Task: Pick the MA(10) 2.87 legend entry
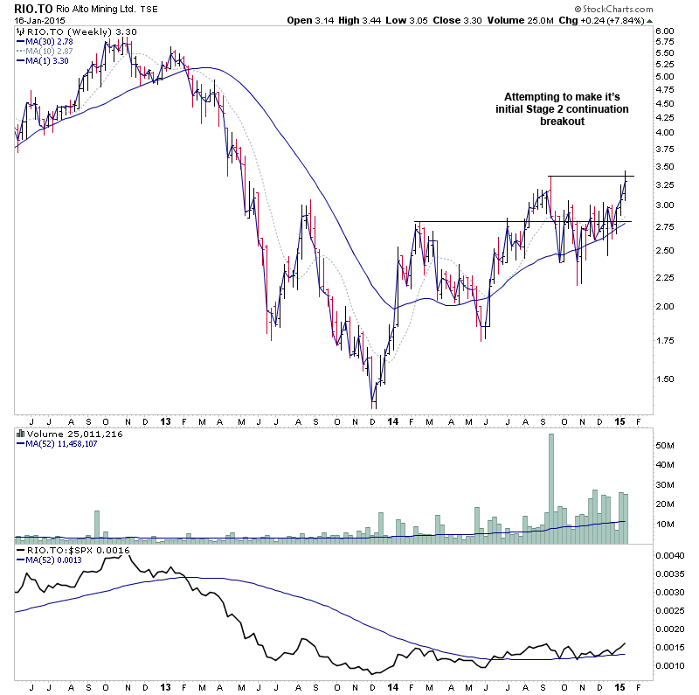pyautogui.click(x=49, y=51)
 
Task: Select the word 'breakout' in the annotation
pyautogui.click(x=562, y=122)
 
